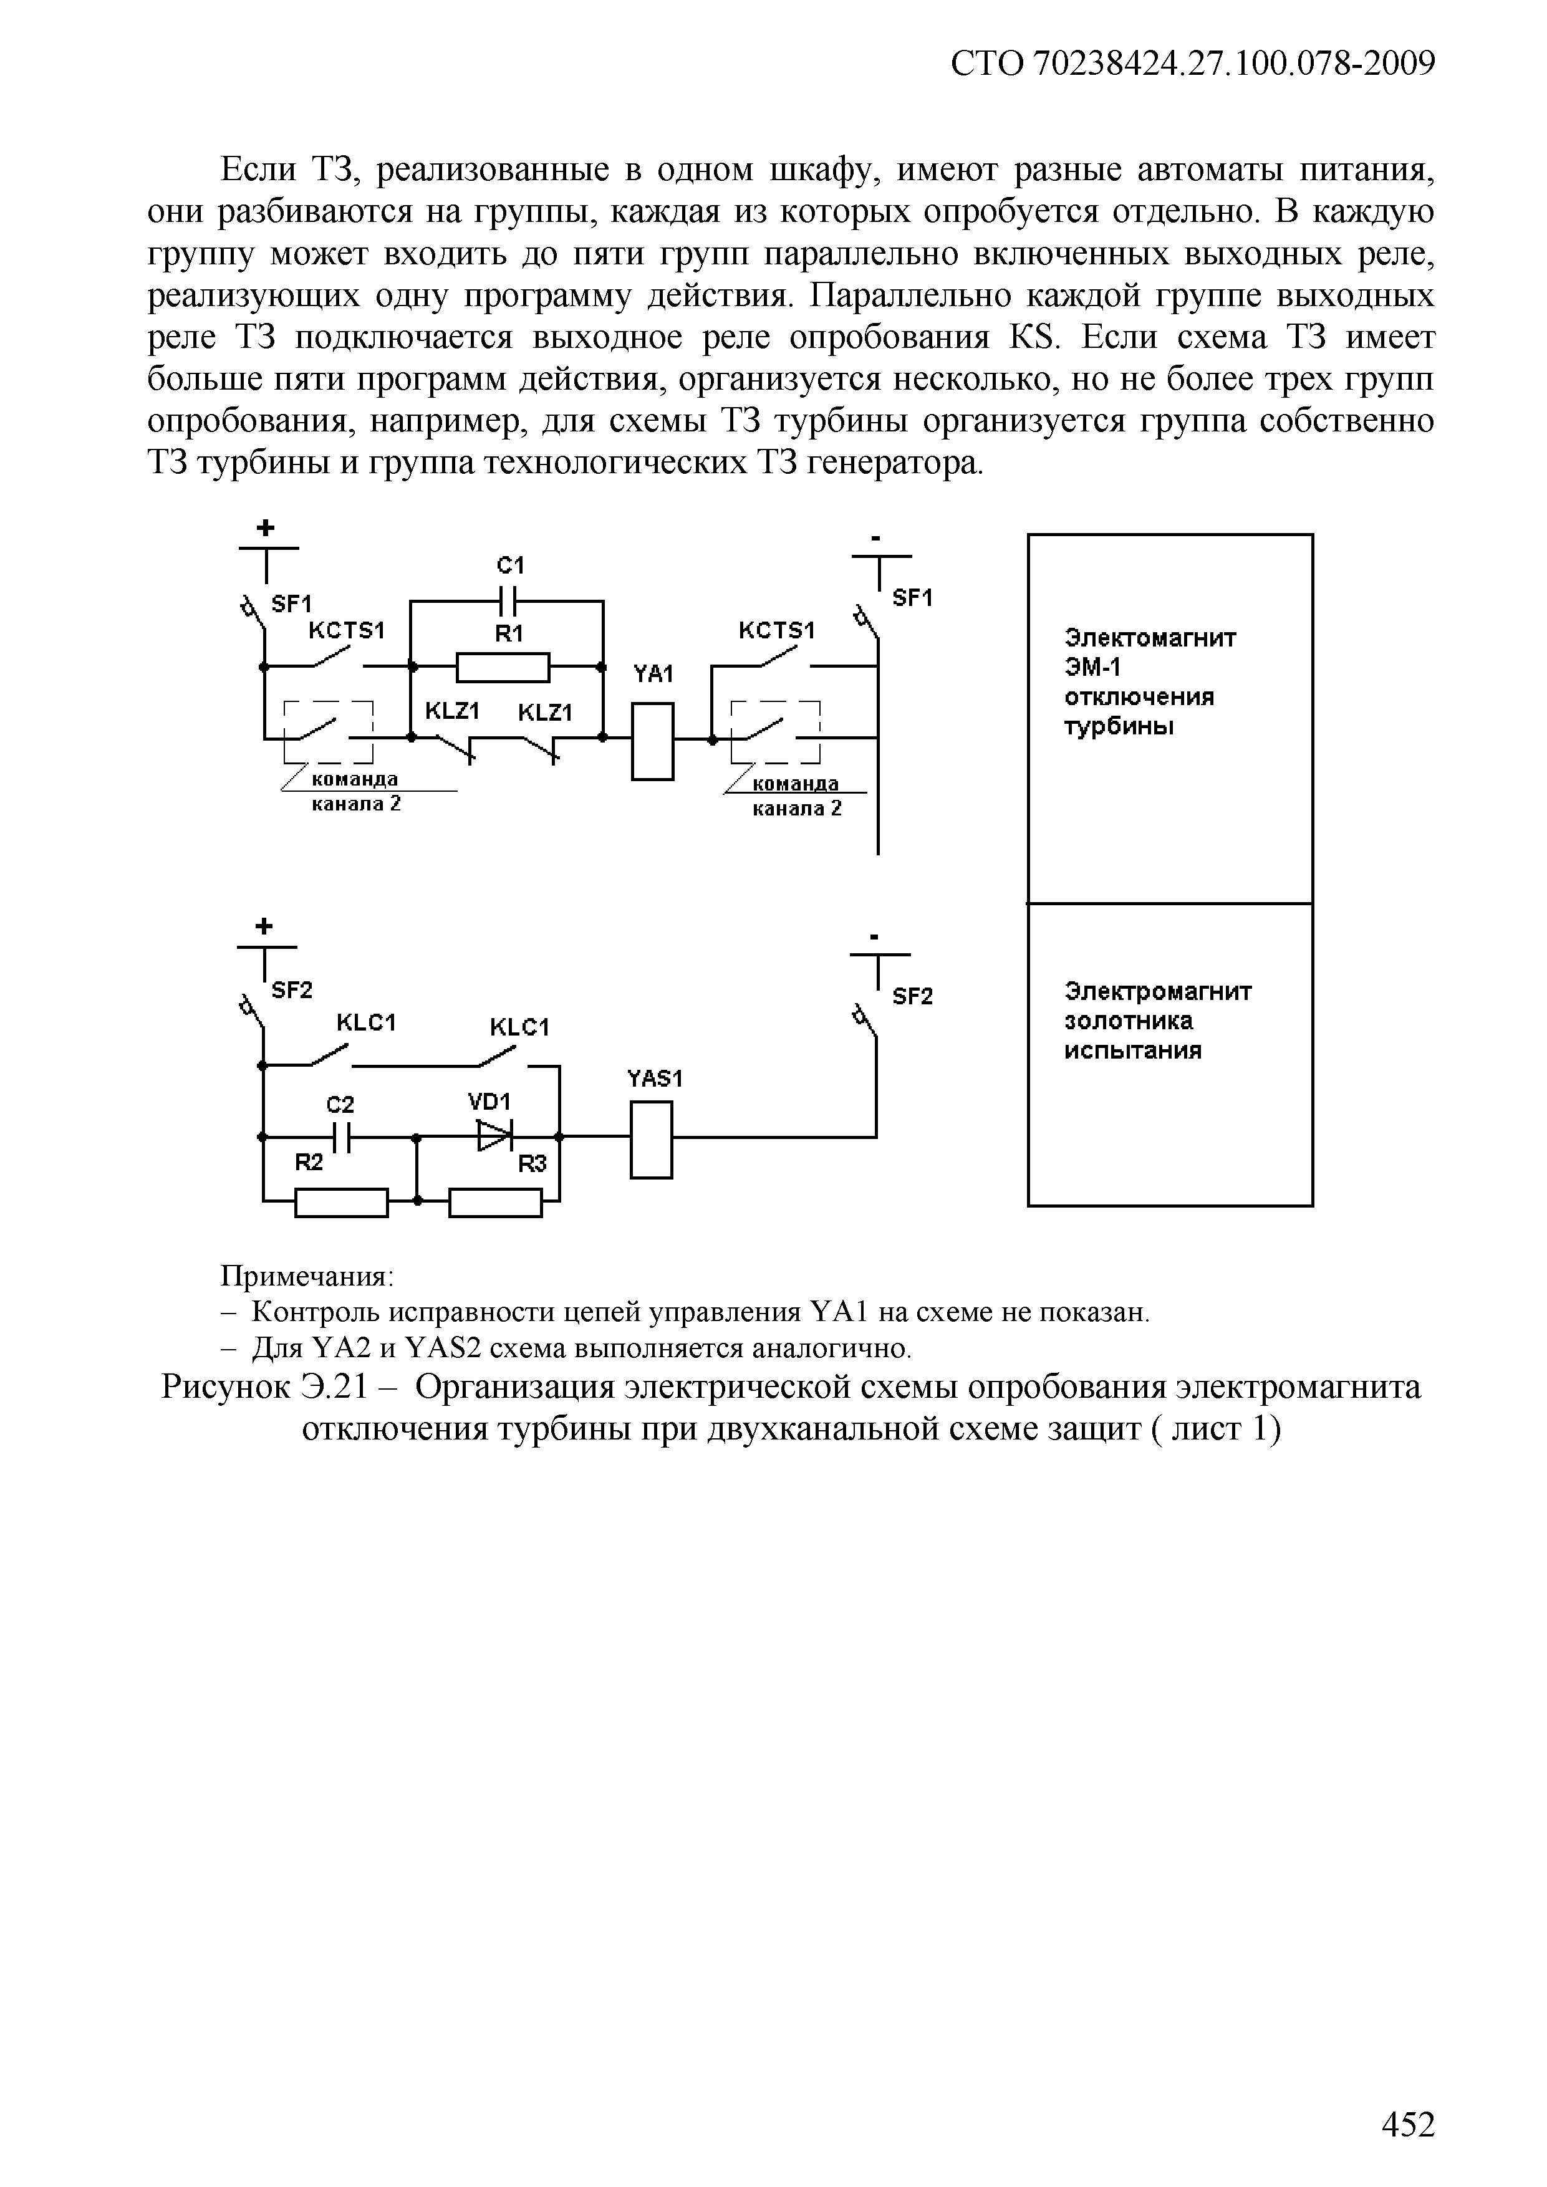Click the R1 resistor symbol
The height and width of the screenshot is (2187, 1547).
point(503,668)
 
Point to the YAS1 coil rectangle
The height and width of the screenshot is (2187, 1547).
point(652,1140)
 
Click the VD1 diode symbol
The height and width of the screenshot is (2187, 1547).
point(495,1135)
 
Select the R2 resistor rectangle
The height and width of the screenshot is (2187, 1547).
point(341,1203)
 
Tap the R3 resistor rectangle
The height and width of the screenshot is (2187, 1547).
point(495,1203)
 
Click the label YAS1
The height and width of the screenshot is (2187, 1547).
point(655,1079)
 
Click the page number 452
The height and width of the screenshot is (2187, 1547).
point(1407,2123)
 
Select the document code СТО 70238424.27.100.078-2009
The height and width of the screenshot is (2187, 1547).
point(1193,64)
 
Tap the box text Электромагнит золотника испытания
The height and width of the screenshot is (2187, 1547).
point(1157,1021)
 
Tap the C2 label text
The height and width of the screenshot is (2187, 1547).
point(339,1104)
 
